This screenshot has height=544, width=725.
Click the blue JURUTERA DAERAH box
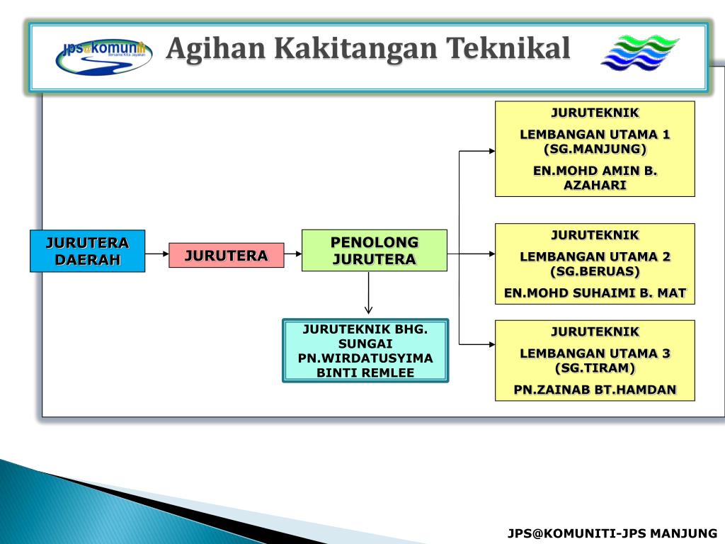coord(87,251)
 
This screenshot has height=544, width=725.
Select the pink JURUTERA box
coord(226,255)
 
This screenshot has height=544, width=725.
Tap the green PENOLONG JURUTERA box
coord(374,250)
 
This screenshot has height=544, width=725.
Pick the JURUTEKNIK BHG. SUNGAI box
coord(365,351)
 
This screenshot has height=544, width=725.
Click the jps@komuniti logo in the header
coord(103,56)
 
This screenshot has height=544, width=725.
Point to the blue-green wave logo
coord(639,53)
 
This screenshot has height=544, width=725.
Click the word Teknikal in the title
coord(508,49)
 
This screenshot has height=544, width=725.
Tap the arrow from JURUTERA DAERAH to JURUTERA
coord(156,254)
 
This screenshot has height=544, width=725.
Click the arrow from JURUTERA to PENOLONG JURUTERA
coord(292,254)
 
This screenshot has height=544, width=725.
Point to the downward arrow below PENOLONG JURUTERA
coord(368,294)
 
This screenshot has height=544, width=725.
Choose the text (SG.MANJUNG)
coord(595,149)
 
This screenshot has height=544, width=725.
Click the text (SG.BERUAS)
coord(595,271)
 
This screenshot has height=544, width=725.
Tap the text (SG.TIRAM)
coord(595,368)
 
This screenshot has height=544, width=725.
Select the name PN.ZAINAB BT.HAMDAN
coord(595,389)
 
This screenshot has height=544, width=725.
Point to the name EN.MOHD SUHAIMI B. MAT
coord(595,293)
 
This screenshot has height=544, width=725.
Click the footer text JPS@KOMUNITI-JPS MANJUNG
coord(612,533)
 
